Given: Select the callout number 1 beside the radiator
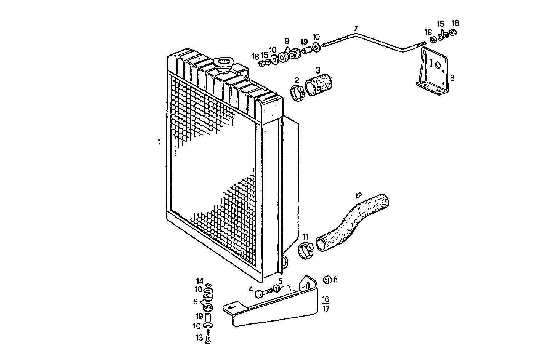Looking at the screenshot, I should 159,142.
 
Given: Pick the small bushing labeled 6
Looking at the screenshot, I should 326,280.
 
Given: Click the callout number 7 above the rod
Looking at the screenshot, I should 355,29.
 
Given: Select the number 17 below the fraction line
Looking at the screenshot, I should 326,309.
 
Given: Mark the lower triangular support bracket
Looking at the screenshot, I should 278,309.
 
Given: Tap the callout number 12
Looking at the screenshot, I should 358,196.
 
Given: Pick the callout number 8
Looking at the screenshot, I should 452,78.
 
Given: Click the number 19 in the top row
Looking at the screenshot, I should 303,42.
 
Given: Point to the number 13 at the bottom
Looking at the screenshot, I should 199,337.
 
